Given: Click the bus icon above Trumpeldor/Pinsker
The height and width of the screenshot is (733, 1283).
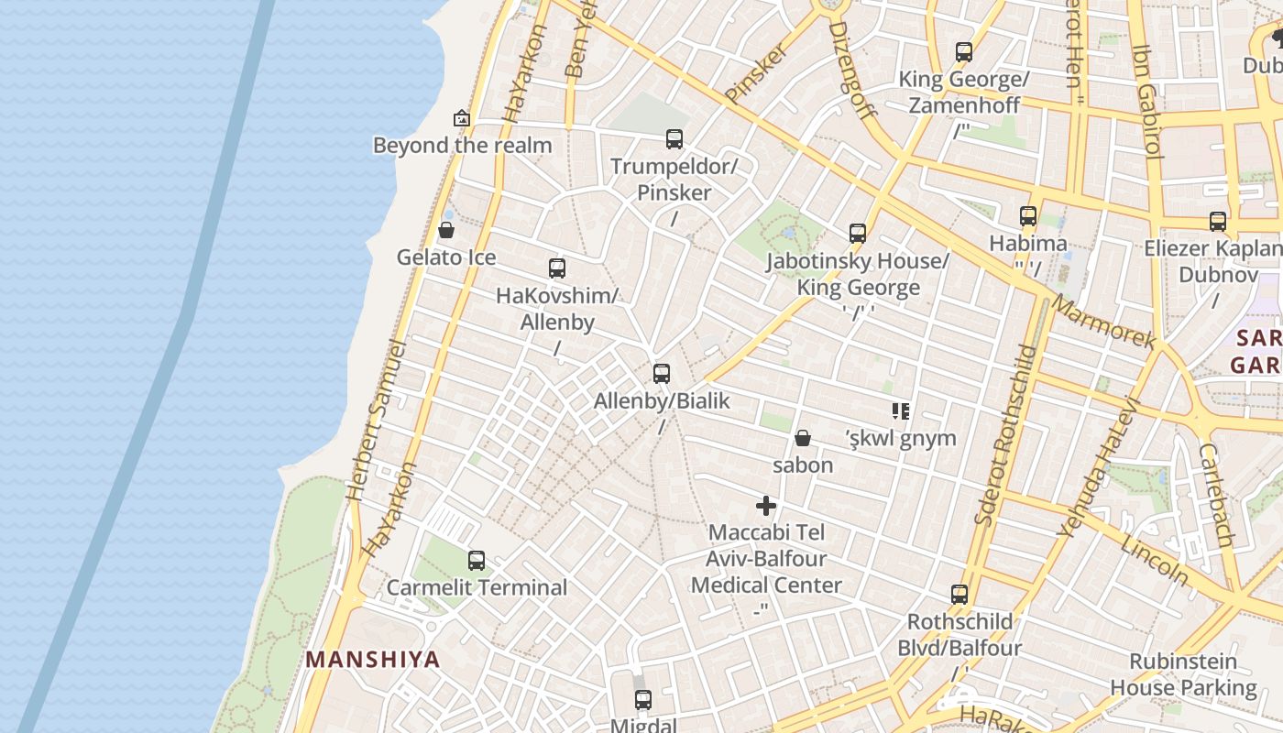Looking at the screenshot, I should (674, 139).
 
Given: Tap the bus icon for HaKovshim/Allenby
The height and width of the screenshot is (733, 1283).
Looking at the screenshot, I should (557, 268).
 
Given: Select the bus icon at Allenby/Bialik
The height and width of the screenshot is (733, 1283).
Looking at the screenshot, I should (662, 374).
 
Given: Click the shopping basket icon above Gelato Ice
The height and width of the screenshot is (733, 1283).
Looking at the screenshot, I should (446, 230).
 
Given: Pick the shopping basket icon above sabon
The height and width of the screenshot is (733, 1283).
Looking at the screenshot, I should (803, 438).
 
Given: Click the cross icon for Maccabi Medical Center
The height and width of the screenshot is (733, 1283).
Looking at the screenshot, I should (766, 505).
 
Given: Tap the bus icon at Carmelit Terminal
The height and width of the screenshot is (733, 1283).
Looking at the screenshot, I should (477, 561).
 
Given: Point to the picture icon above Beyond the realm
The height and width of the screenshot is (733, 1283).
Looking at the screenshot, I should (462, 118).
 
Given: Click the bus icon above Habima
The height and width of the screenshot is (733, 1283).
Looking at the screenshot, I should (1028, 216).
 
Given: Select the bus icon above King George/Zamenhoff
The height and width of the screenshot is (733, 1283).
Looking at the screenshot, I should (964, 52).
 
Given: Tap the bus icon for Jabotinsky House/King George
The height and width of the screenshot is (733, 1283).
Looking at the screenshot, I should (858, 234).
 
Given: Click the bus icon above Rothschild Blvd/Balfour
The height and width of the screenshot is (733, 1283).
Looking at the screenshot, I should (960, 595).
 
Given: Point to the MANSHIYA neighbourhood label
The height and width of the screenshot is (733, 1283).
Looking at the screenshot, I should (373, 659).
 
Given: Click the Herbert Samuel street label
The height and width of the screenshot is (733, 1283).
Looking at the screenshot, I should (377, 421).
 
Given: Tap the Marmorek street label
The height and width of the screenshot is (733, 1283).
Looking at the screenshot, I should (1102, 322).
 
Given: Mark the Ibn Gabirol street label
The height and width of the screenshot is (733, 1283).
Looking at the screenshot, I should (1147, 101).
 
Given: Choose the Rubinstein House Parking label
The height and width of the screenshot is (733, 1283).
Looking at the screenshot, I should (1183, 674).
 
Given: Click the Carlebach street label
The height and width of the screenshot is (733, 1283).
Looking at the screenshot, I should (1217, 496).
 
